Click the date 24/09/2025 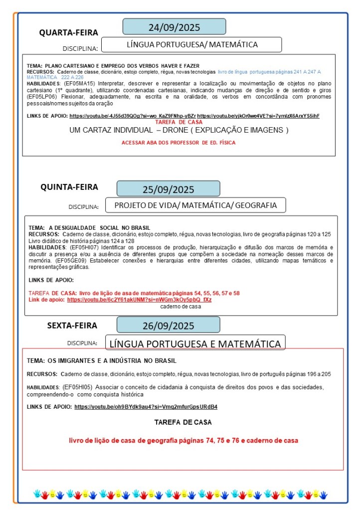point(174,27)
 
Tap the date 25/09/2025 point(168,189)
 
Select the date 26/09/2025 point(168,326)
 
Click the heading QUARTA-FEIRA point(69,33)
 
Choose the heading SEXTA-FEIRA point(72,326)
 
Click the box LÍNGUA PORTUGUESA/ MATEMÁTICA point(192,44)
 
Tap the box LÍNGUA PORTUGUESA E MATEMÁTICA point(195,343)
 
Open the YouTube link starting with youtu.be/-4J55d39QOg point(132,116)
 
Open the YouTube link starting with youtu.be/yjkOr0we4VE point(258,116)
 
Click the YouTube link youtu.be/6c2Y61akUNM point(139,300)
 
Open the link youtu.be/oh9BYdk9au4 point(146,406)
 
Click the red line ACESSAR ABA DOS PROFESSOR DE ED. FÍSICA point(179,143)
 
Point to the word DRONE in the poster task point(177,130)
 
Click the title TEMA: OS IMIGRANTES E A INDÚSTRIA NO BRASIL point(101,360)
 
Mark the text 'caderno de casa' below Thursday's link point(180,307)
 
